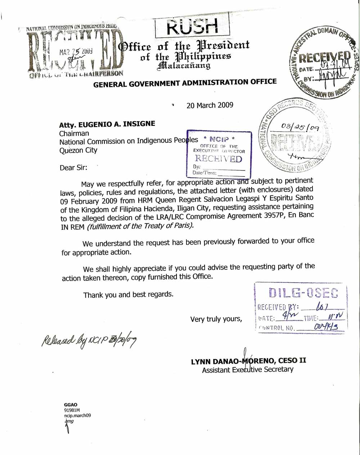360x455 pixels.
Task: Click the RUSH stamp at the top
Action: (192, 26)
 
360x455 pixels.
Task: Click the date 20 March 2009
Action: (210, 105)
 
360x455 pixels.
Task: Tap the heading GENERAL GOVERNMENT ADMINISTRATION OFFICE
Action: (185, 83)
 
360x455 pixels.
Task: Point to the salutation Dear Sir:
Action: (73, 167)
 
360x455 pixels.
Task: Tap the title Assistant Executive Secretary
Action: (248, 369)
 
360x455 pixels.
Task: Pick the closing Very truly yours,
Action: (216, 319)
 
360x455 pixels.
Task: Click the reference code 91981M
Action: (72, 410)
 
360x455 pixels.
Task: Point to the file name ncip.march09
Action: (77, 415)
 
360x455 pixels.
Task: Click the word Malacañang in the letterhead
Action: (184, 65)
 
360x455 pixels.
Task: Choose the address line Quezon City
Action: (78, 150)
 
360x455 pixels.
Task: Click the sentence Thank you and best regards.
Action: (128, 295)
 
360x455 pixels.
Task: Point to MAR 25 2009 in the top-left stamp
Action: (76, 52)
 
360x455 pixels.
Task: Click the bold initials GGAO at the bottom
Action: (71, 405)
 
